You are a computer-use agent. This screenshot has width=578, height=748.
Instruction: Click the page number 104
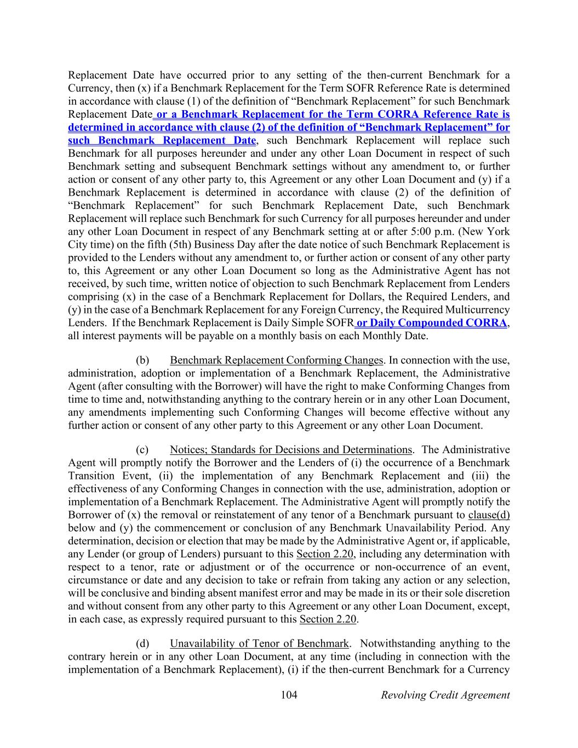point(289,695)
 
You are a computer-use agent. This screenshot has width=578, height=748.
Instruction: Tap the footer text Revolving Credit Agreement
point(445,695)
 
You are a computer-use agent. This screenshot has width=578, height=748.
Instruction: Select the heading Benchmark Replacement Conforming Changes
point(276,360)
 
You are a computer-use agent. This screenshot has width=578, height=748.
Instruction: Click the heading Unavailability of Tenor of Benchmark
point(259,643)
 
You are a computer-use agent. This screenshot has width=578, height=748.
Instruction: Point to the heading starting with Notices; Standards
point(290,450)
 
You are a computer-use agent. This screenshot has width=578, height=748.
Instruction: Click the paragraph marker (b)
point(142,360)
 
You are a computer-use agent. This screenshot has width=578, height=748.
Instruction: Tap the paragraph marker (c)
point(142,450)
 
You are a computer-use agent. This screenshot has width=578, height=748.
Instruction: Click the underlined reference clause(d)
point(489,515)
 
